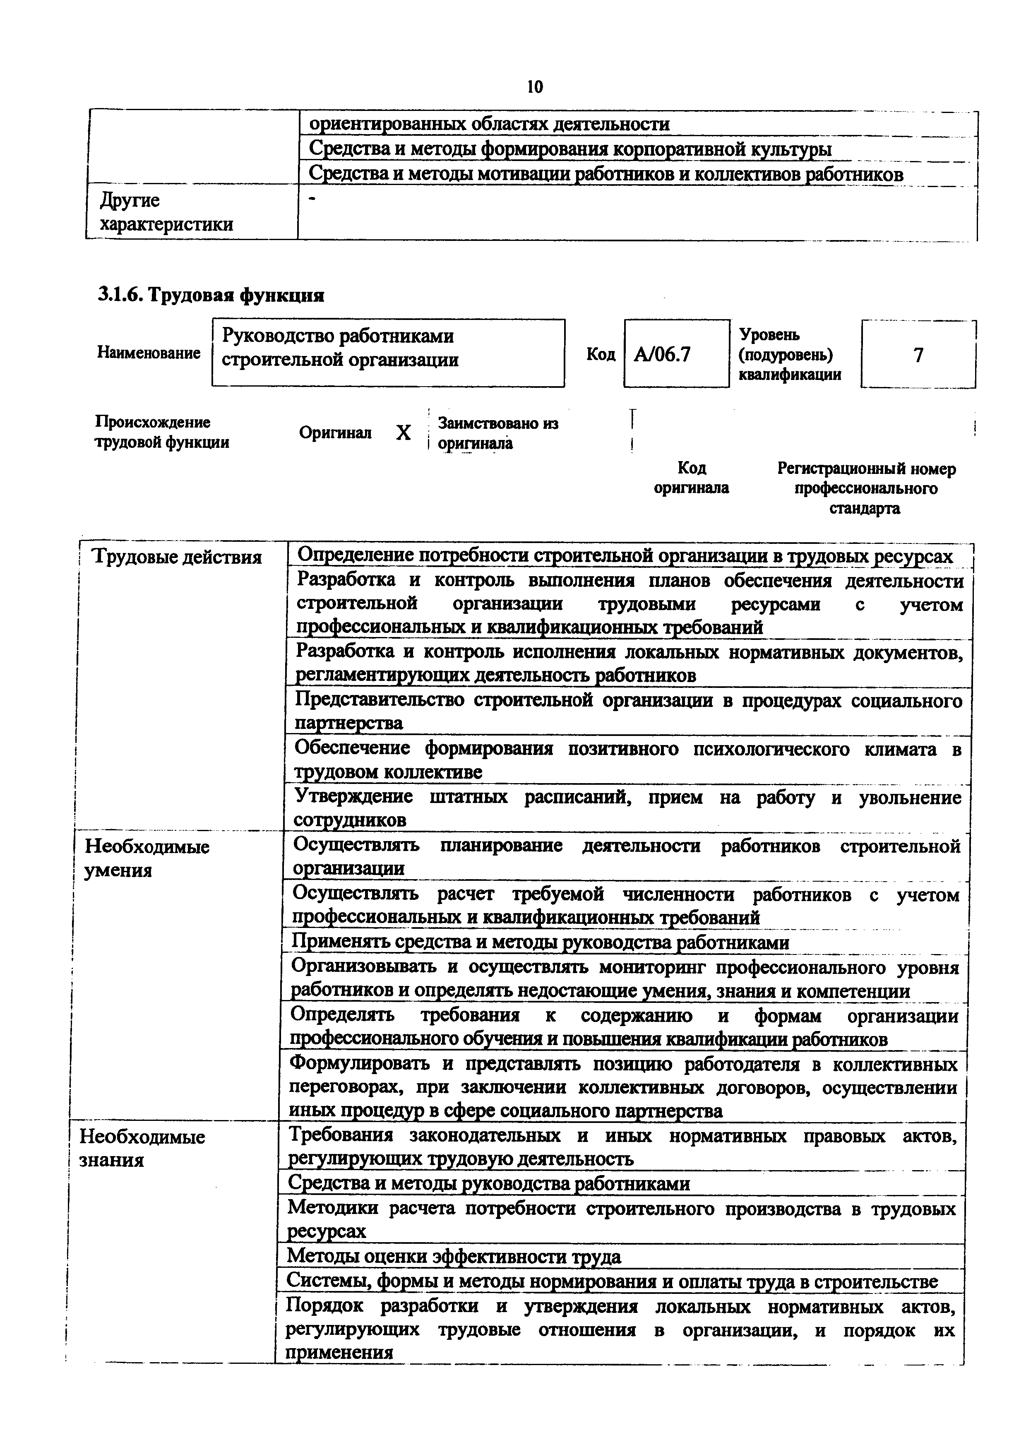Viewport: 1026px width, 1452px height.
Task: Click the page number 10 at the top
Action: click(534, 87)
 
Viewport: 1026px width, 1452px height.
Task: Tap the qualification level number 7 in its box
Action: click(918, 355)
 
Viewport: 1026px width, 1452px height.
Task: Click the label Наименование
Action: click(149, 353)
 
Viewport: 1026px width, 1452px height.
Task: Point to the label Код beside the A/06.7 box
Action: click(601, 354)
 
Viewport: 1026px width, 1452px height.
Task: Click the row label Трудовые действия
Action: click(177, 557)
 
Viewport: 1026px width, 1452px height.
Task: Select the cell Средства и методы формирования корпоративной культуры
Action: click(569, 149)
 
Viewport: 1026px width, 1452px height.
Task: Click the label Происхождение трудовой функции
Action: click(162, 432)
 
